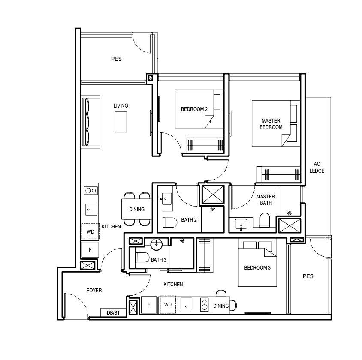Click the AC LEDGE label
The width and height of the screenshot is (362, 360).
click(317, 168)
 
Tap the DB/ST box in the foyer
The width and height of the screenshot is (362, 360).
click(113, 312)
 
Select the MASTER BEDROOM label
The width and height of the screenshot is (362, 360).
click(271, 124)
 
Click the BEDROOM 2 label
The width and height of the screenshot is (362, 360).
click(194, 109)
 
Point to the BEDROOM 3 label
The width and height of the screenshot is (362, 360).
click(257, 268)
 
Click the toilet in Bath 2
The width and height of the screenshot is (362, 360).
click(170, 222)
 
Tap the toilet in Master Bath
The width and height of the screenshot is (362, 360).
click(265, 220)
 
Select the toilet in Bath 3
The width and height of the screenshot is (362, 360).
click(142, 257)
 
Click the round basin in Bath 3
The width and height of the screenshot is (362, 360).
click(156, 244)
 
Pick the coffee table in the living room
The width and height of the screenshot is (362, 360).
click(121, 122)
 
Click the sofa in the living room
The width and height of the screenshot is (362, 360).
click(91, 122)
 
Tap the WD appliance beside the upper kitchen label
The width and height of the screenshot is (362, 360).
click(90, 231)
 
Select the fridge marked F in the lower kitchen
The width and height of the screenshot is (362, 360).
click(149, 305)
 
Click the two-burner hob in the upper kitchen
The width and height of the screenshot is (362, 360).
click(91, 190)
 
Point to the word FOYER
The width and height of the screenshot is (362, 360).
click(94, 290)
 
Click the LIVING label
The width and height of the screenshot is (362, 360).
click(121, 105)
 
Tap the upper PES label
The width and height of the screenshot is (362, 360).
click(116, 59)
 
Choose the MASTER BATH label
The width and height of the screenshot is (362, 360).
click(266, 200)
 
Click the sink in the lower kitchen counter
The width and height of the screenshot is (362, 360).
click(186, 303)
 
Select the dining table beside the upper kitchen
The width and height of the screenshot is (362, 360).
click(137, 209)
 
